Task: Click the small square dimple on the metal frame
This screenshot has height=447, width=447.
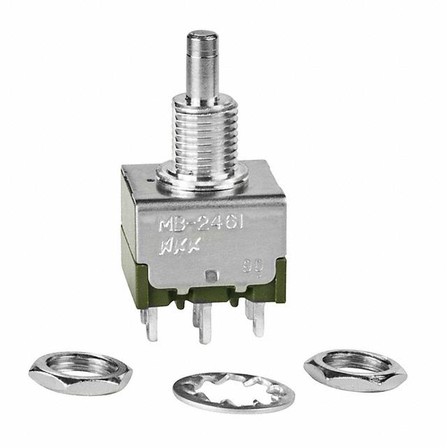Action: (x=212, y=275)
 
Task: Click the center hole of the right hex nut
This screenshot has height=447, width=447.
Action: (x=356, y=364)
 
